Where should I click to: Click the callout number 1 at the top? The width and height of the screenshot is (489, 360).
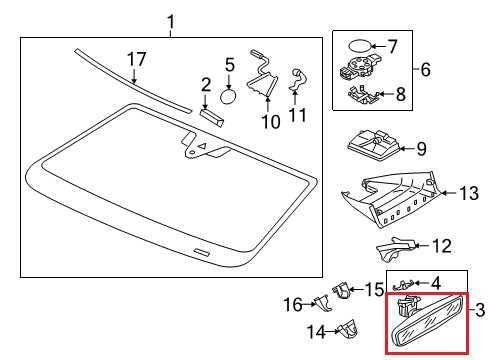[x=170, y=20]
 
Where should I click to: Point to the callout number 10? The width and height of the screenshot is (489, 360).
[x=270, y=122]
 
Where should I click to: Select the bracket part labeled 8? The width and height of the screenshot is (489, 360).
[x=363, y=93]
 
